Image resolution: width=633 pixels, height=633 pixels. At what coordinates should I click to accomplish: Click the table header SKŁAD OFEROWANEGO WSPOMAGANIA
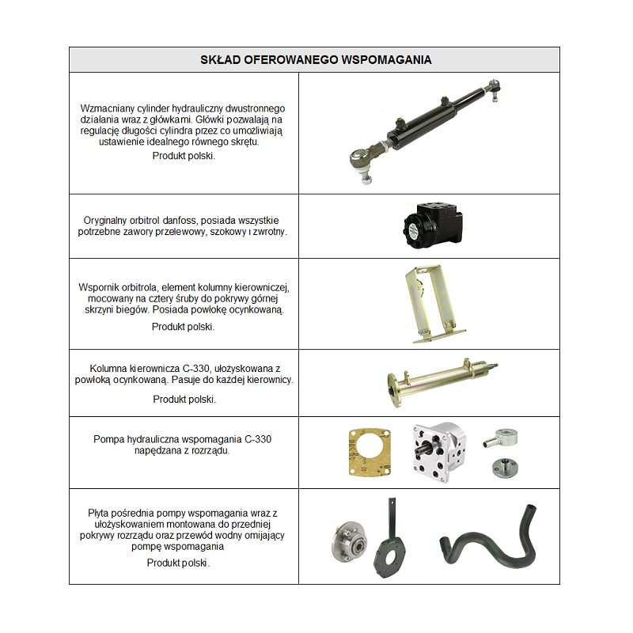tap(314, 59)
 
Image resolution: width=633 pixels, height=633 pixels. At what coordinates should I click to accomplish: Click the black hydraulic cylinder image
tap(427, 127)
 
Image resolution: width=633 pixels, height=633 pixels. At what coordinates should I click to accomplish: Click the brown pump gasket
tap(370, 455)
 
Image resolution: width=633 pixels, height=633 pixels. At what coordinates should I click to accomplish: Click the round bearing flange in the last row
tap(349, 542)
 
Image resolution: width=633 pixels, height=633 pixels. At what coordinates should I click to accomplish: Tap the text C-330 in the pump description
tap(258, 439)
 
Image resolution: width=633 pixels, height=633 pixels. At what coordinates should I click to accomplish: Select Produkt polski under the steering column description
tap(184, 400)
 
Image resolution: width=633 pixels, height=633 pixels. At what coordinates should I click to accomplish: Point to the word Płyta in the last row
tap(100, 513)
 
